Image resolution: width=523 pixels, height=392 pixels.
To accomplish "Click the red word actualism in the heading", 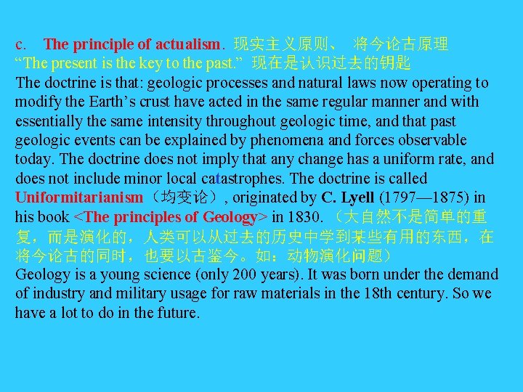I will (187, 45).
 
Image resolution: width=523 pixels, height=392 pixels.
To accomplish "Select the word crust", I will (169, 102).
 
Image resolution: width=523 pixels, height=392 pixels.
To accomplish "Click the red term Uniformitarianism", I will (79, 197).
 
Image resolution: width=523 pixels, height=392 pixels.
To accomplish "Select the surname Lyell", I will (357, 197).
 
